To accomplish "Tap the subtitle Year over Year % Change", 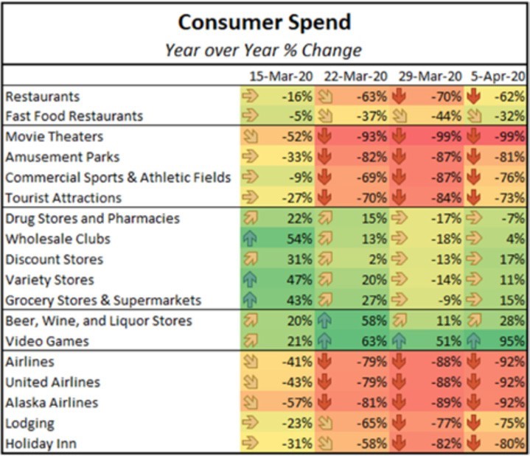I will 263,50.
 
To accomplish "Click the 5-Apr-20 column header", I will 498,77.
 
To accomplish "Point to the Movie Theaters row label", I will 54,137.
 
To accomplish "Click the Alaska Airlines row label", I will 52,403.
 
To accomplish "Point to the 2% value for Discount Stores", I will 379,259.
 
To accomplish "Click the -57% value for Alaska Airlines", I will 298,403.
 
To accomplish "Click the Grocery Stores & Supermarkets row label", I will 103,301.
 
